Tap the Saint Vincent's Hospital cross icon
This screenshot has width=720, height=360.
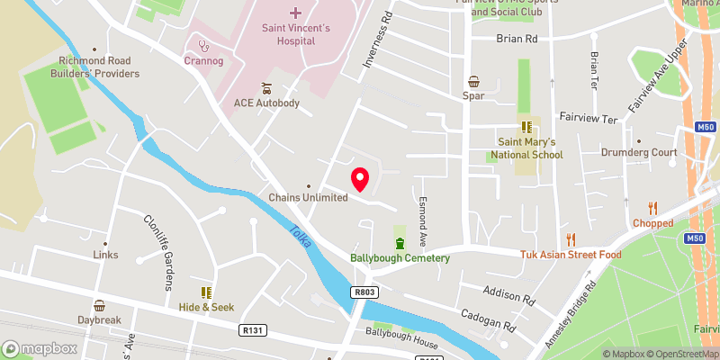point(296,13)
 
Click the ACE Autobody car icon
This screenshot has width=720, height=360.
point(266,88)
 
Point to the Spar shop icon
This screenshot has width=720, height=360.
point(473,81)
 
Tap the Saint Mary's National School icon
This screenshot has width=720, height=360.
point(525,127)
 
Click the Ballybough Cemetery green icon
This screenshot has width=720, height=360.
point(400,243)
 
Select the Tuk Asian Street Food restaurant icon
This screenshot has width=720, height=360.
point(570,239)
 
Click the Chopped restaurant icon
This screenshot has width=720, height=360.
point(653,208)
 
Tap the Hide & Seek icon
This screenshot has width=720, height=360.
point(206,292)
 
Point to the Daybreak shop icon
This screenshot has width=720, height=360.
point(99,305)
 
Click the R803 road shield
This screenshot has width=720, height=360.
point(364,292)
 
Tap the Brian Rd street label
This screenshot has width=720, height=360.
point(517,40)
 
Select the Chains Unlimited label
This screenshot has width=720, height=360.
point(308,198)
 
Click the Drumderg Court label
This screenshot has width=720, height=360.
point(639,153)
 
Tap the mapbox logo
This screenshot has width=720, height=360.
point(40,348)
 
